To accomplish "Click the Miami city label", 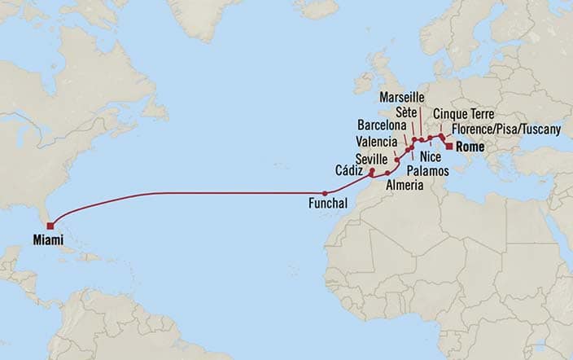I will (48, 239).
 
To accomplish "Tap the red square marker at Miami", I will (50, 226).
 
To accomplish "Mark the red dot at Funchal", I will (325, 193).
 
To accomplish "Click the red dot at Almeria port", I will (388, 173).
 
